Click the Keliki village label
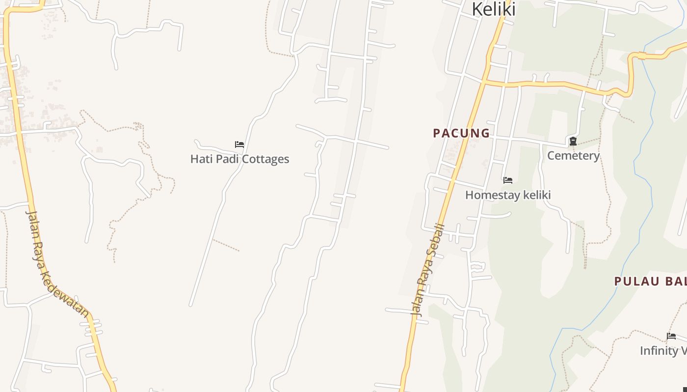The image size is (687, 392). pyautogui.click(x=494, y=9)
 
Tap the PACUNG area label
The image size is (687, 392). pyautogui.click(x=461, y=133)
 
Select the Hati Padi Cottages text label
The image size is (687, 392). pyautogui.click(x=239, y=159)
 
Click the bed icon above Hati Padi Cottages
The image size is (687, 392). pyautogui.click(x=239, y=145)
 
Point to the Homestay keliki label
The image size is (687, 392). pyautogui.click(x=508, y=195)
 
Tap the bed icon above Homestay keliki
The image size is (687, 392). pyautogui.click(x=508, y=180)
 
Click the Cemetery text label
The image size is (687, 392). pyautogui.click(x=573, y=155)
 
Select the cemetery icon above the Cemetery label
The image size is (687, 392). pyautogui.click(x=573, y=142)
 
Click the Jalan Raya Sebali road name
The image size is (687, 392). pyautogui.click(x=427, y=269)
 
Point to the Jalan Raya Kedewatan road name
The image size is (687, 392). pyautogui.click(x=57, y=265)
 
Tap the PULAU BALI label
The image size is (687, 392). pyautogui.click(x=650, y=281)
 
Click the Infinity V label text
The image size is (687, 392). pyautogui.click(x=663, y=350)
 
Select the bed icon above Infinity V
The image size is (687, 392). pyautogui.click(x=671, y=336)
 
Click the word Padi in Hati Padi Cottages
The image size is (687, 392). pyautogui.click(x=227, y=159)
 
